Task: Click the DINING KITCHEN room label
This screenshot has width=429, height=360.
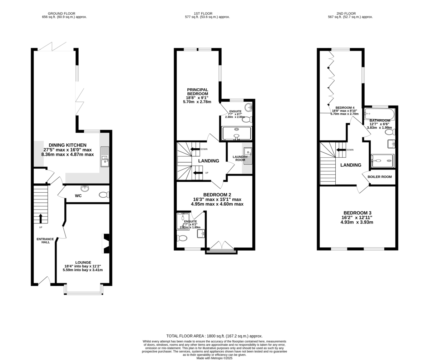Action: (68, 145)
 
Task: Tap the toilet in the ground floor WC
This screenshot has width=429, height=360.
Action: (104, 195)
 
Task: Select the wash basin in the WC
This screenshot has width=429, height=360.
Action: (85, 188)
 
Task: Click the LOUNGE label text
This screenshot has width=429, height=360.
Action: (83, 262)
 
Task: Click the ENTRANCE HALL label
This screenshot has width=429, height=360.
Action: (45, 241)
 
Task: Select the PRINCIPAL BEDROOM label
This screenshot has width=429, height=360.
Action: (198, 92)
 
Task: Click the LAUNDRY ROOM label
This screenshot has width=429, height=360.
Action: (240, 158)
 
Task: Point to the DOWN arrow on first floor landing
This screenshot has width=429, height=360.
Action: (195, 149)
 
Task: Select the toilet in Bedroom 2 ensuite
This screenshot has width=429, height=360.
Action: (182, 238)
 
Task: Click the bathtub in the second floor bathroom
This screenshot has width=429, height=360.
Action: (379, 114)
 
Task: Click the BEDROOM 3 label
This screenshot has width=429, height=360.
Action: (357, 212)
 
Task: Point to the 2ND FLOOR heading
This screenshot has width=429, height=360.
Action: (350, 14)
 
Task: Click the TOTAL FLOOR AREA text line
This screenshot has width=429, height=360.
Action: (214, 336)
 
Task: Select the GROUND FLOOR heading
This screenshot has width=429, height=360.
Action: (64, 14)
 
